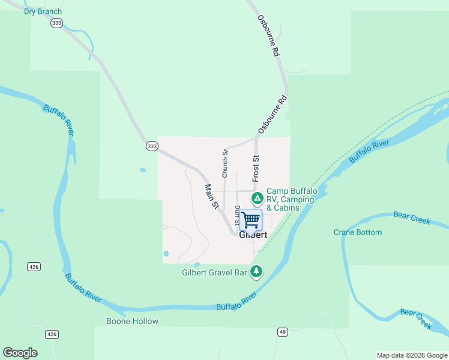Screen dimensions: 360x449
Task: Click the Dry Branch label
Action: click(x=43, y=11)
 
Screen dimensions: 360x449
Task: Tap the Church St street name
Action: click(x=225, y=164)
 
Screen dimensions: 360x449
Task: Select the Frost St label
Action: click(x=256, y=169)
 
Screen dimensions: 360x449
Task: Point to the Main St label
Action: click(x=211, y=197)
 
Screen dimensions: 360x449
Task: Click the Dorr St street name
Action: click(x=237, y=214)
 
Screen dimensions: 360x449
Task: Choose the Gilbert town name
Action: click(x=253, y=235)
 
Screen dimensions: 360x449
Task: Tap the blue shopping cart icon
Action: click(x=250, y=220)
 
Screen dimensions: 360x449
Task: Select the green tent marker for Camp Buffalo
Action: click(x=256, y=197)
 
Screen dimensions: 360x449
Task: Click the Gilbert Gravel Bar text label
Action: click(x=214, y=272)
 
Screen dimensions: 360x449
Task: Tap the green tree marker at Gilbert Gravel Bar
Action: click(x=256, y=272)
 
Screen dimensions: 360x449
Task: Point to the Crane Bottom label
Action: click(x=358, y=232)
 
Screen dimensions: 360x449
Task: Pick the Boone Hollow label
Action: click(x=132, y=321)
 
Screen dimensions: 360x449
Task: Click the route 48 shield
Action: click(x=282, y=332)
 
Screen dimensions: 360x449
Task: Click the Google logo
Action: click(x=20, y=353)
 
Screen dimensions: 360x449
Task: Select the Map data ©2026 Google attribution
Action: click(x=412, y=355)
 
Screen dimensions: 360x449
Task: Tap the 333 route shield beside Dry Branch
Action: click(x=56, y=23)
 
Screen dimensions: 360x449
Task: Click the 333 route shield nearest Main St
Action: click(x=152, y=146)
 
